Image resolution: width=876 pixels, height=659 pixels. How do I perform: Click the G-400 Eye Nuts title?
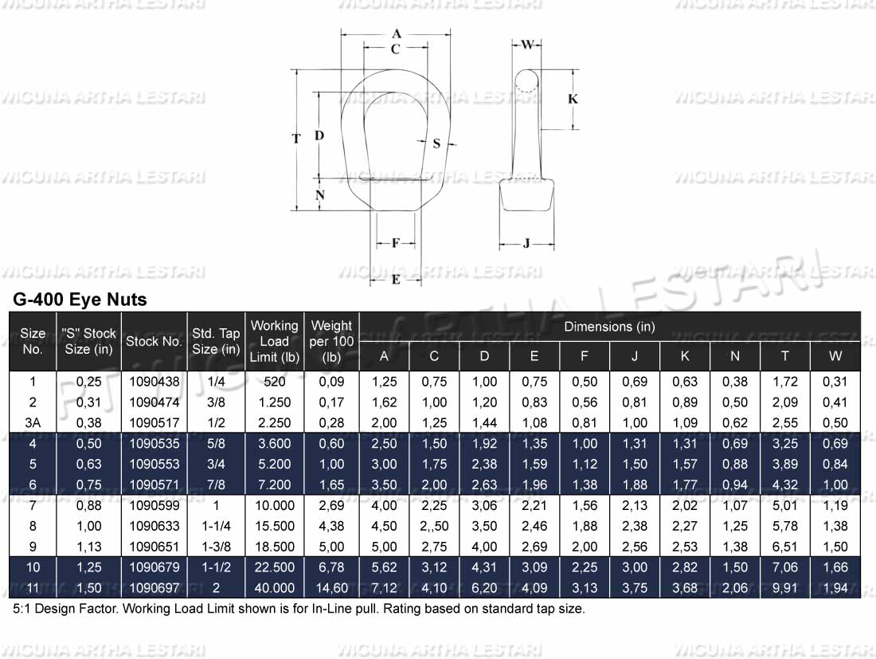pyautogui.click(x=80, y=300)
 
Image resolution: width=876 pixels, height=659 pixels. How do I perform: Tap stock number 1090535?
pyautogui.click(x=154, y=443)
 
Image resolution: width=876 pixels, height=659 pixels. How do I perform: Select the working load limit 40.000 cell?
pyautogui.click(x=274, y=588)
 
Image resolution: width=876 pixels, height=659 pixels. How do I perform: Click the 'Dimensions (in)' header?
pyautogui.click(x=609, y=327)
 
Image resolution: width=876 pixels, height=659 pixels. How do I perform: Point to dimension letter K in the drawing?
pyautogui.click(x=573, y=99)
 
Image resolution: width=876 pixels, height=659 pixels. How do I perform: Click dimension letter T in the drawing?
pyautogui.click(x=296, y=139)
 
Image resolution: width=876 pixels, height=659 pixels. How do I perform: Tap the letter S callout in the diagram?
pyautogui.click(x=436, y=143)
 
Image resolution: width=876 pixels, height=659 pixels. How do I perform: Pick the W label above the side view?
pyautogui.click(x=527, y=44)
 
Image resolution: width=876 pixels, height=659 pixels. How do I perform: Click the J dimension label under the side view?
pyautogui.click(x=526, y=244)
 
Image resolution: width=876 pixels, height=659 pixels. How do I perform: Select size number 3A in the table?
pyautogui.click(x=33, y=422)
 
